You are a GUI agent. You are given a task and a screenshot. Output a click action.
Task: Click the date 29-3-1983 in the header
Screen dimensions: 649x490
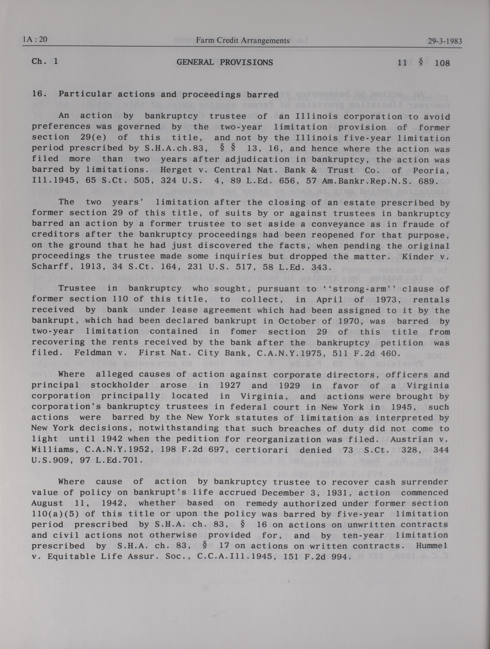pyautogui.click(x=445, y=41)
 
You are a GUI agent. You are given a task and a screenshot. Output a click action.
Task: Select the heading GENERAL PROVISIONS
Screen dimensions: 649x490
pyautogui.click(x=225, y=62)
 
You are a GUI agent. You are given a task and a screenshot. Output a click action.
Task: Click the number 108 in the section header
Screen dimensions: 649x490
pyautogui.click(x=442, y=63)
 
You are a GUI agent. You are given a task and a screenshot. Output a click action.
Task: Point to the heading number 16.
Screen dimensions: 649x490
pyautogui.click(x=39, y=94)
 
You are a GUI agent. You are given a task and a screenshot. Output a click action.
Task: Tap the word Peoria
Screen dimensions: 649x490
pyautogui.click(x=431, y=171)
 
